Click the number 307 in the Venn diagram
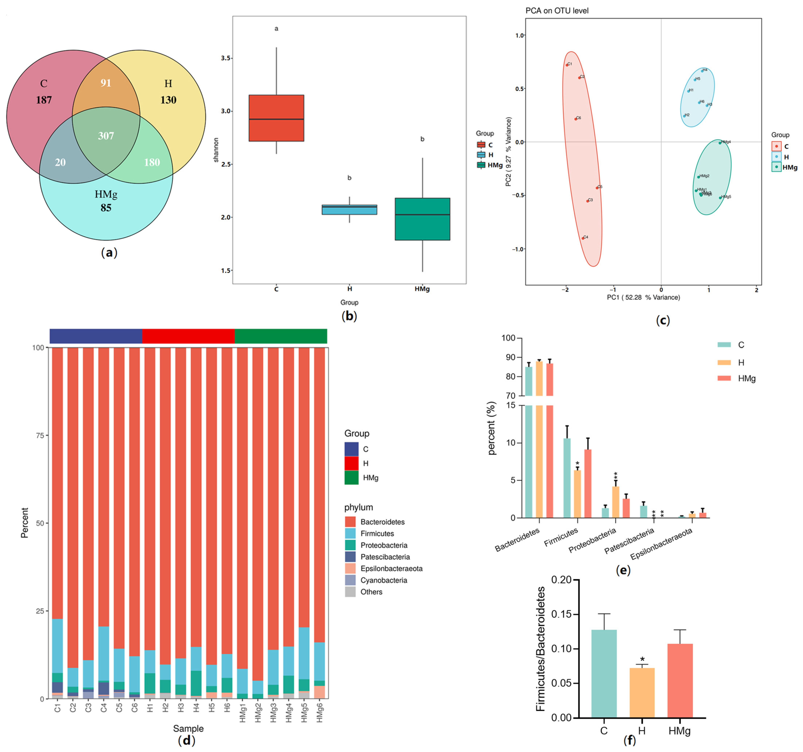tap(106, 136)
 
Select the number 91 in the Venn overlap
tap(106, 83)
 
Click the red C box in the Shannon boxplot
tap(276, 118)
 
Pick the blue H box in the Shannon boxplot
tap(349, 210)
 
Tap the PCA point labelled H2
tap(684, 116)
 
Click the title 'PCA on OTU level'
tap(557, 11)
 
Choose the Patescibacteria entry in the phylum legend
tap(385, 557)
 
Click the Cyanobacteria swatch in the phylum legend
tap(350, 580)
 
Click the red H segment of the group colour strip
tap(188, 336)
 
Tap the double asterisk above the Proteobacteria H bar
tap(616, 475)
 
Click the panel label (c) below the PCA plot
tap(663, 320)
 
